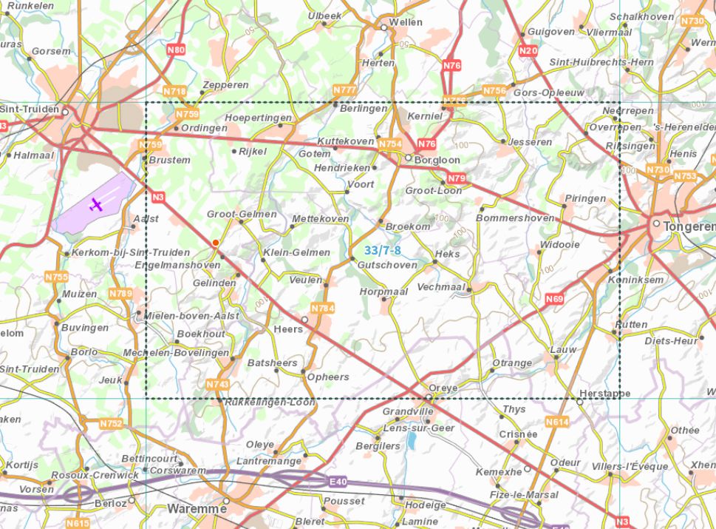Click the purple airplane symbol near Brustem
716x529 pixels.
pyautogui.click(x=95, y=204)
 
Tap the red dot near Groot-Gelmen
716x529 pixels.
pyautogui.click(x=215, y=243)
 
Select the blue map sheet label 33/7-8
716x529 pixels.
pyautogui.click(x=383, y=251)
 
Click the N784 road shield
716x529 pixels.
pyautogui.click(x=323, y=308)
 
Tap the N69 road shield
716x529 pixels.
pyautogui.click(x=555, y=299)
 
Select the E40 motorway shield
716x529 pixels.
pyautogui.click(x=338, y=482)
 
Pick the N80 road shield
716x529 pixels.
pyautogui.click(x=176, y=50)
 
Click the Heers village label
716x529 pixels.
pyautogui.click(x=288, y=328)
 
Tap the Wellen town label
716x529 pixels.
pyautogui.click(x=406, y=22)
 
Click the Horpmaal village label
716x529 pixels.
pyautogui.click(x=383, y=292)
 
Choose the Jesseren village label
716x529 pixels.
pyautogui.click(x=530, y=142)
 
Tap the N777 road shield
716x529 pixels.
pyautogui.click(x=345, y=90)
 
